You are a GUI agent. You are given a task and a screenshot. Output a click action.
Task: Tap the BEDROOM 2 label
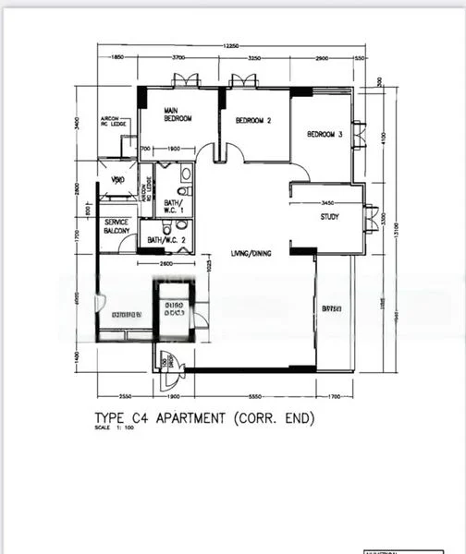pyautogui.click(x=253, y=120)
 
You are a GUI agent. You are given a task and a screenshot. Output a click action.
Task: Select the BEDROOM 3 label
pyautogui.click(x=325, y=135)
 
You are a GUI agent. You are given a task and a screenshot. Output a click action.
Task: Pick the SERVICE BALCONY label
pyautogui.click(x=118, y=227)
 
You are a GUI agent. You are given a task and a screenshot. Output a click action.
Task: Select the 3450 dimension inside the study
pyautogui.click(x=327, y=202)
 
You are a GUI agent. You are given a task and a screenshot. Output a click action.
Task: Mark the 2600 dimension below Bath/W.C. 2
pyautogui.click(x=166, y=266)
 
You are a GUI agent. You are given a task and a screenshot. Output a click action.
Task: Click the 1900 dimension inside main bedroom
pyautogui.click(x=173, y=150)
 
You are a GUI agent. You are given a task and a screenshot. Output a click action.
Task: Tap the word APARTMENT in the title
pyautogui.click(x=190, y=418)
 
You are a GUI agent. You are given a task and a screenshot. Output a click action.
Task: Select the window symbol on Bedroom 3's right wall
pyautogui.click(x=359, y=135)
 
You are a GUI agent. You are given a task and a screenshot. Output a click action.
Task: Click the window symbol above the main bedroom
pyautogui.click(x=185, y=81)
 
